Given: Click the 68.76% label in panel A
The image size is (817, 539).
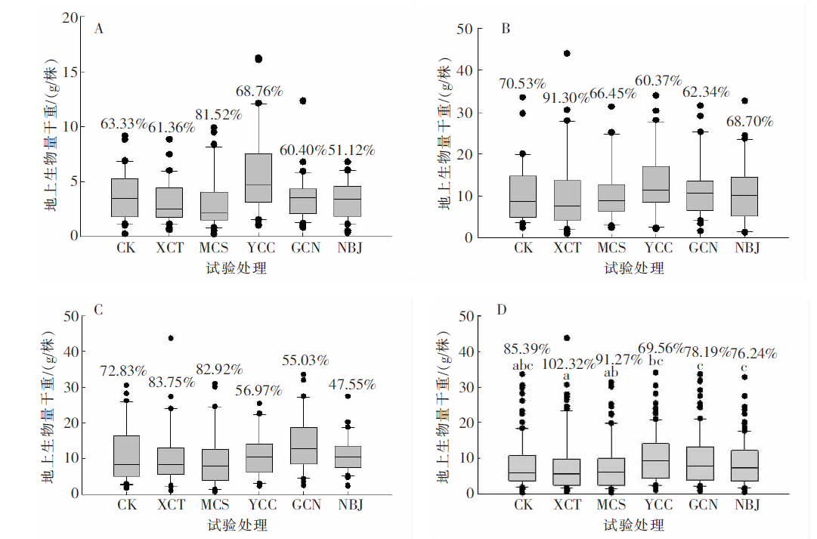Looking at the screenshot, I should [258, 91].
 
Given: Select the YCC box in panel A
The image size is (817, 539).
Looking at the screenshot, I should [258, 178].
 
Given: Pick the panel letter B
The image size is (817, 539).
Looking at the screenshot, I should [506, 29].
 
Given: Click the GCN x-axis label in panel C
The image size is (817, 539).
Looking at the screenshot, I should [305, 504].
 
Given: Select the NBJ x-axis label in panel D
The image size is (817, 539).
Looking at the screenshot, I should [745, 504].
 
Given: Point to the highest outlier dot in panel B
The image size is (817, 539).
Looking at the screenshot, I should [567, 54].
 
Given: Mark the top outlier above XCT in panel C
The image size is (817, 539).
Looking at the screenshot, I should [171, 338].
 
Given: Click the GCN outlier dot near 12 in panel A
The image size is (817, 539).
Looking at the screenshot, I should [302, 101].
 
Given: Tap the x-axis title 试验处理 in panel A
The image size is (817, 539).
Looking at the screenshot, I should [236, 268].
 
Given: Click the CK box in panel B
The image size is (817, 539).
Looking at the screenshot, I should [523, 197].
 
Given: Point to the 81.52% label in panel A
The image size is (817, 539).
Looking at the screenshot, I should [215, 115].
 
